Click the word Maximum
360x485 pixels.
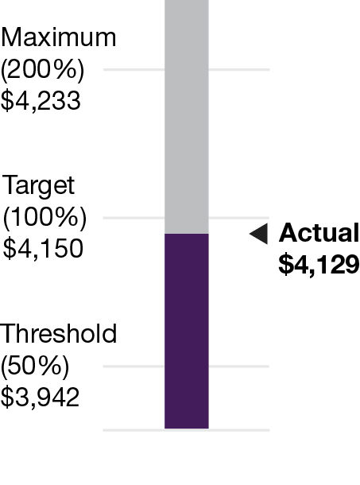59,38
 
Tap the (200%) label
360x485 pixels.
42,70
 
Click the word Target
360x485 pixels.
39,186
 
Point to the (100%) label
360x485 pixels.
45,218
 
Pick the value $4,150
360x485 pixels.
43,249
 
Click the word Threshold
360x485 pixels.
59,334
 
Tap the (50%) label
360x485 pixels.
36,366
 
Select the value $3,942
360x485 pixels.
41,398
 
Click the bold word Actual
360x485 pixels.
319,233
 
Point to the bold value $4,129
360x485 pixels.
319,265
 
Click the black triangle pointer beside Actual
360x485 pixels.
257,233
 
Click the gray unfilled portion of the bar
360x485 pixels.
186,119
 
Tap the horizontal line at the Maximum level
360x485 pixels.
131,70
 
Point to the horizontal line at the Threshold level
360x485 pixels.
131,367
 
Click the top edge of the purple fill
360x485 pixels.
186,235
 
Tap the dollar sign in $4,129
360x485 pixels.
284,265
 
